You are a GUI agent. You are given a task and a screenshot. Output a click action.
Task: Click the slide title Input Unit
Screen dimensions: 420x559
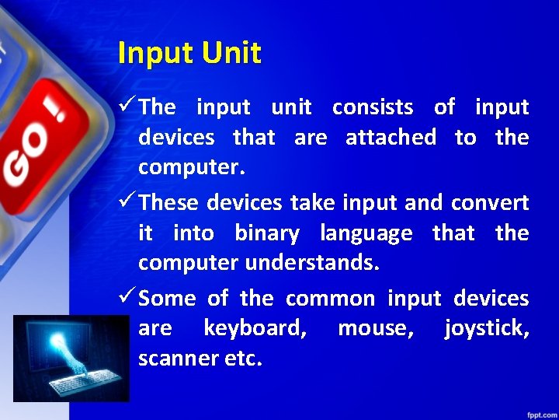(189, 53)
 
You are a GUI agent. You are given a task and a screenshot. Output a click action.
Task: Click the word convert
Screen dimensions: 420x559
(489, 203)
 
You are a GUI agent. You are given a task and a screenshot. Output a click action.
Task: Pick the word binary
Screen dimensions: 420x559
(266, 233)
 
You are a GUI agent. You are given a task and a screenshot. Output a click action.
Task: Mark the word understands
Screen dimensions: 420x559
(312, 264)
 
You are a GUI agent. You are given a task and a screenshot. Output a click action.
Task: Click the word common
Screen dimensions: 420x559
(330, 299)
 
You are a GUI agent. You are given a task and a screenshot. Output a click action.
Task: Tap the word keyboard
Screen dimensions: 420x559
(255, 329)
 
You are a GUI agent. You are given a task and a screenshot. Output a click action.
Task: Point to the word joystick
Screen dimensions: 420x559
(487, 329)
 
